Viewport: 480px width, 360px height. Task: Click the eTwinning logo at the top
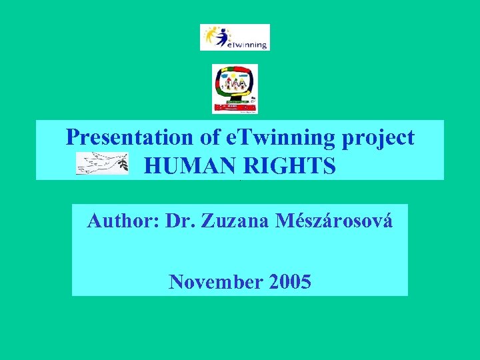[x=235, y=37]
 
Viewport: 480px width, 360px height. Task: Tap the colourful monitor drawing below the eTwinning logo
[x=235, y=89]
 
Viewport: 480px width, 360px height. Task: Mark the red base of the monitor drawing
[x=235, y=107]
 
